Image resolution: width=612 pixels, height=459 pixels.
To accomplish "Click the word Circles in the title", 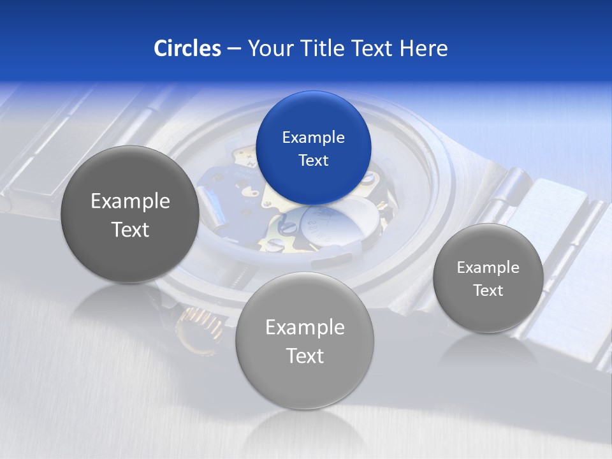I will tap(187, 48).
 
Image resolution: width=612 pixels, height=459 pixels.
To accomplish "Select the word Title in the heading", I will tap(324, 48).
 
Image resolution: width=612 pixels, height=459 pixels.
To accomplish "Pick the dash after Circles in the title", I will tap(234, 49).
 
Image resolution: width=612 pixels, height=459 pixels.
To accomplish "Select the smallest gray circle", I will tap(488, 278).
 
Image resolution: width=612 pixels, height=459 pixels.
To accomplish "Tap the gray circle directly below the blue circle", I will tap(305, 340).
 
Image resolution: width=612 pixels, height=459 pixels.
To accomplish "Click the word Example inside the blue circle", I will tap(314, 138).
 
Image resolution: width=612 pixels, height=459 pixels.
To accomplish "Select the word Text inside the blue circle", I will tap(314, 161).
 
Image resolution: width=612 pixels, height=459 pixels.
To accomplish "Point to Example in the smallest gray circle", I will tap(488, 268).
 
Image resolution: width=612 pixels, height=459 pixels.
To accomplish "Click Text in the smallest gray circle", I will tap(488, 291).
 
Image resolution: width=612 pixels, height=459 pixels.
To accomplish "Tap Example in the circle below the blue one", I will tap(305, 328).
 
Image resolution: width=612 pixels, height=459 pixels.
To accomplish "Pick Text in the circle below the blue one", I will tap(305, 356).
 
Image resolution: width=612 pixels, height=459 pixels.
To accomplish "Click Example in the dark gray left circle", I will tap(130, 201).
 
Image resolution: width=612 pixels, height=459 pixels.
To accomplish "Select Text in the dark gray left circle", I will tap(130, 229).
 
